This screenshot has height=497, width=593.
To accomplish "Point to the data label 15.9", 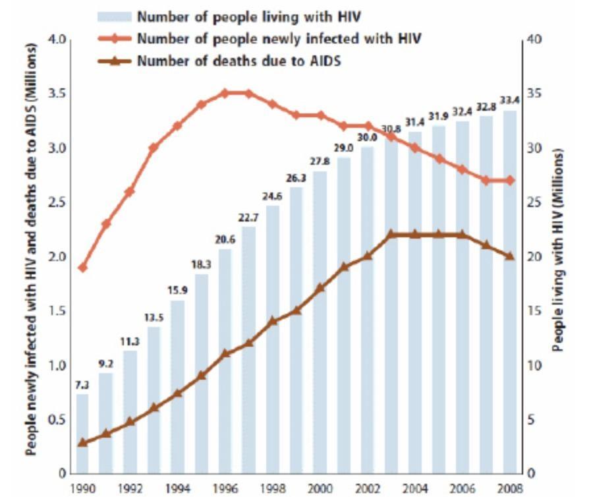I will click(x=177, y=290).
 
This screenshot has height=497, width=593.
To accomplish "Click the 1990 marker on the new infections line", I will click(x=82, y=268).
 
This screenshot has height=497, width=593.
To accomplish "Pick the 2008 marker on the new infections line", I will click(x=509, y=181).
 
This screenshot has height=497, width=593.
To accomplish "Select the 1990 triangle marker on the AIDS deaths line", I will click(x=82, y=442).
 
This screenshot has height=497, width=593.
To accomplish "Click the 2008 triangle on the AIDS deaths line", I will click(x=509, y=256).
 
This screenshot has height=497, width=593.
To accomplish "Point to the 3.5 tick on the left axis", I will click(x=58, y=94).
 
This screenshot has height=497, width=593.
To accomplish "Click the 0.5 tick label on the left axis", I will click(x=58, y=419).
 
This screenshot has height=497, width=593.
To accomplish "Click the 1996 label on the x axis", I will click(x=225, y=488).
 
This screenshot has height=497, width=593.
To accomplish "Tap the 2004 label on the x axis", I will click(x=414, y=488).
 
